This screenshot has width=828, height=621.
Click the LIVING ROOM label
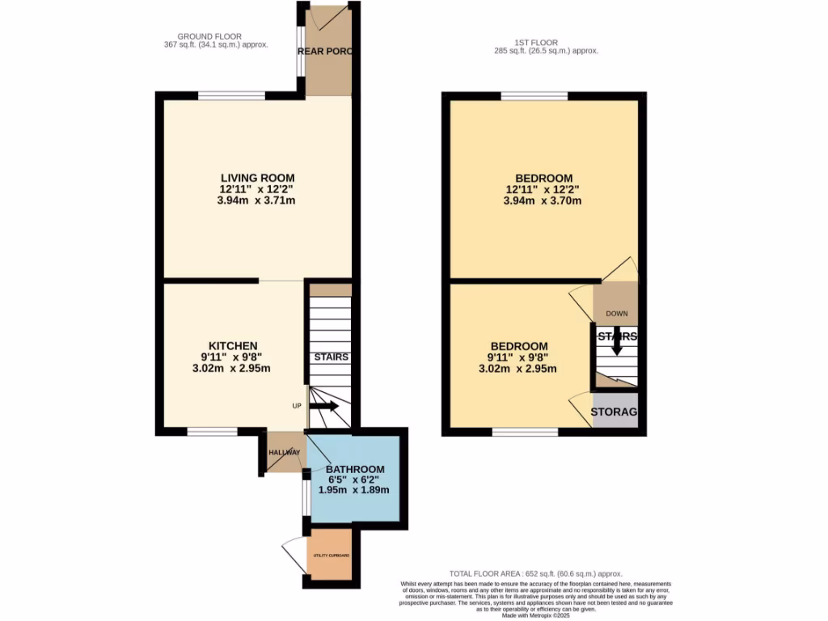(x=258, y=178)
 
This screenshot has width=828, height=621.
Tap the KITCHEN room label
(x=231, y=345)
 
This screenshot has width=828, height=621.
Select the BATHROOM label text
(x=355, y=469)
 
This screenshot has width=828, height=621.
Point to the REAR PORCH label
(x=327, y=51)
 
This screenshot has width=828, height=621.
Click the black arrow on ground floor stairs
(x=323, y=405)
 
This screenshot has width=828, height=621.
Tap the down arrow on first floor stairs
(x=617, y=344)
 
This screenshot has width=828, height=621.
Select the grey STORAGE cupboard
(x=615, y=412)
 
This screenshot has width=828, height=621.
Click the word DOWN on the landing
(x=616, y=314)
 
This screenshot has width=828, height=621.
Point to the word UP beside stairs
(x=297, y=404)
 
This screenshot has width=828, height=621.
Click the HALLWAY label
(x=285, y=452)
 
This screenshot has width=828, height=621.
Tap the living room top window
(x=232, y=96)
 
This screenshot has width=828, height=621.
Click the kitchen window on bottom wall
(x=212, y=432)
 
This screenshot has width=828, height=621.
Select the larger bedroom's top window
(x=534, y=96)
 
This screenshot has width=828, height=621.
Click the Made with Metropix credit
(x=536, y=617)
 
